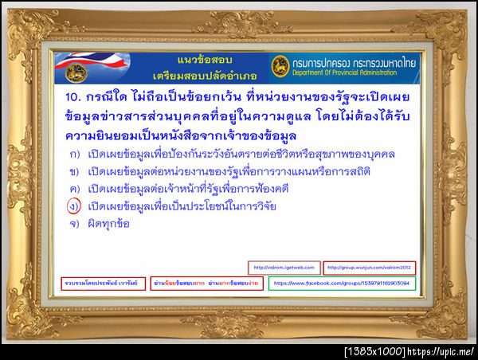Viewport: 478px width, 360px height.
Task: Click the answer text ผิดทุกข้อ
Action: coord(110,224)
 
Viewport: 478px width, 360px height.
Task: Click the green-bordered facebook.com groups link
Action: coord(342,283)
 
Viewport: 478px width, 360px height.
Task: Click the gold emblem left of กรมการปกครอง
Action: coord(280,65)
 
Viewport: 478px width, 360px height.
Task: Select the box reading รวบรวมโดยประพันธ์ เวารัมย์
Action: coord(103,283)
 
